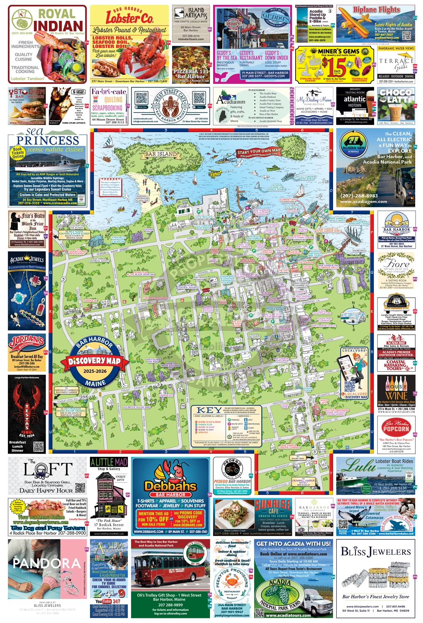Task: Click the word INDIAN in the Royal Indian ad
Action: pos(58,26)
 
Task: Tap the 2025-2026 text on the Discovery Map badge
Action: pos(95,371)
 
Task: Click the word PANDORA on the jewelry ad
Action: pos(46,563)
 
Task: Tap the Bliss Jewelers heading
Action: pos(375,552)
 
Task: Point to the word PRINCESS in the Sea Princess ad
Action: pos(48,140)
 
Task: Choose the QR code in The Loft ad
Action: pos(80,487)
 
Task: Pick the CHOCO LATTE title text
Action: pos(396,96)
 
